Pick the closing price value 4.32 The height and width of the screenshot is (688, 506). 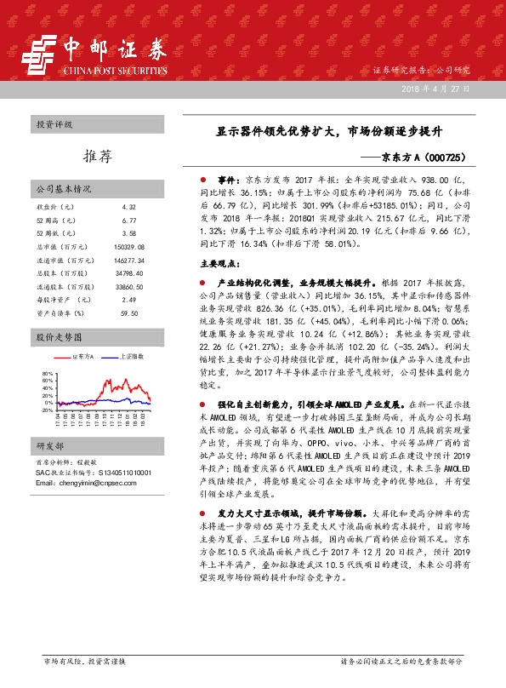pos(128,207)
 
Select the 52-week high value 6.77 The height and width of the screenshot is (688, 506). pos(128,220)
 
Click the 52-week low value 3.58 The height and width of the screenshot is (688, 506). pos(128,232)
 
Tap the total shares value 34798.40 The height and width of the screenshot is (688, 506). pos(128,272)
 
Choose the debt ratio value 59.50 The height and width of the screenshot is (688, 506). pos(128,312)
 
